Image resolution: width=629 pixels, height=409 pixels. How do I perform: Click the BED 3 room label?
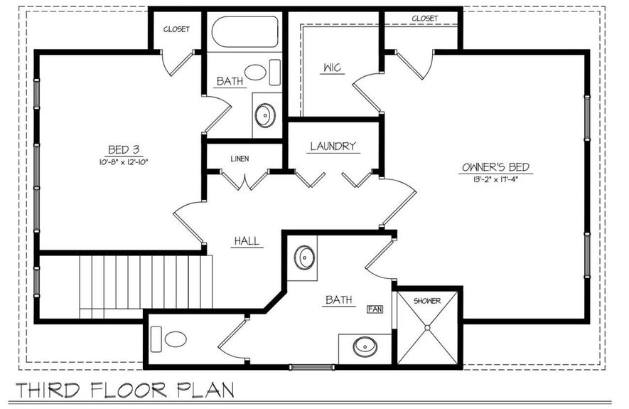pos(123,149)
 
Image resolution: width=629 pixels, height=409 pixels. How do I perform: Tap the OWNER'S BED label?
pos(495,168)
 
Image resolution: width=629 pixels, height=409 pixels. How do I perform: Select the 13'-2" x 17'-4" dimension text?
pos(495,179)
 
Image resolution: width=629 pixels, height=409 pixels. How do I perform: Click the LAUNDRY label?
pos(332,147)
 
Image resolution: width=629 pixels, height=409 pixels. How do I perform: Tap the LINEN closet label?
pos(240,158)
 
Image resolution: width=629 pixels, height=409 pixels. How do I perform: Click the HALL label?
pos(247,242)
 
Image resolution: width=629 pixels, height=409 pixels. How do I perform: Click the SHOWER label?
pos(427,301)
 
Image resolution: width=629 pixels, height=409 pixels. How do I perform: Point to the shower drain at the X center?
pos(427,328)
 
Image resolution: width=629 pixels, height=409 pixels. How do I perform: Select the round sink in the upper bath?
pos(265,115)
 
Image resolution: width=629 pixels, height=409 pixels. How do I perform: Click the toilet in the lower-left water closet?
pos(171,339)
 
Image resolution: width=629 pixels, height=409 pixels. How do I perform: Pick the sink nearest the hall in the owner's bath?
pos(304,257)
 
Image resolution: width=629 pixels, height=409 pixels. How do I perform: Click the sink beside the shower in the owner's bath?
pos(365,347)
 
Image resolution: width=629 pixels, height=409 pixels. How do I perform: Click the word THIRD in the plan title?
pos(50,391)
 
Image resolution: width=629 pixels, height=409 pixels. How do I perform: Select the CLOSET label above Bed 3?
pos(176,29)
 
